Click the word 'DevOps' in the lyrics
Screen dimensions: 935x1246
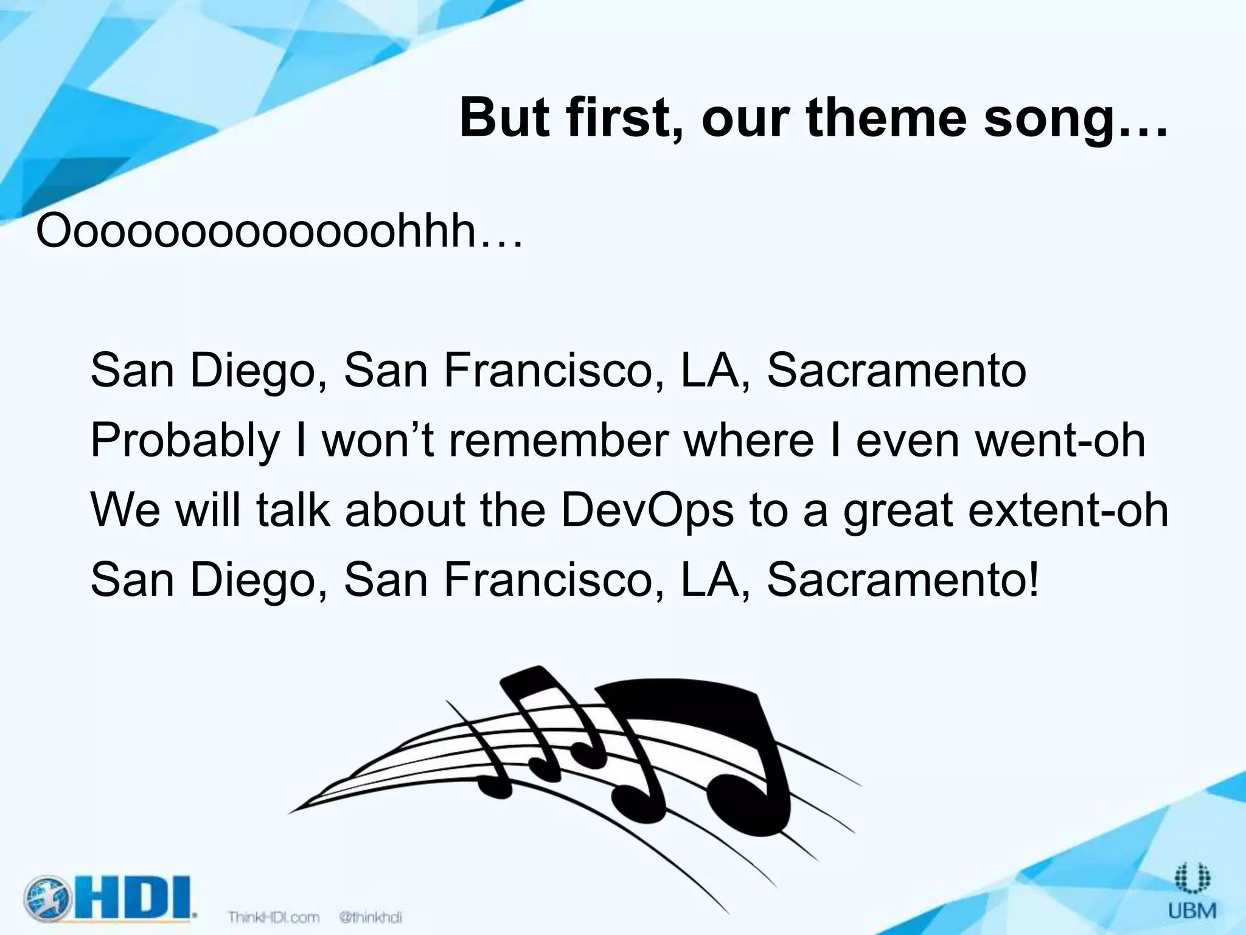(647, 510)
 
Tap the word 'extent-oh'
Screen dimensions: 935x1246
(1068, 510)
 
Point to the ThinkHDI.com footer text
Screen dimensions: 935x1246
(273, 917)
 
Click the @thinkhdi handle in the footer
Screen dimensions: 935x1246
(371, 917)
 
